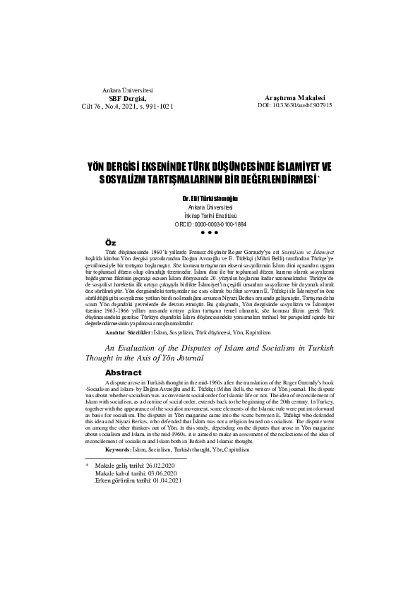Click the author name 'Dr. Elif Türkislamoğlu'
[210, 199]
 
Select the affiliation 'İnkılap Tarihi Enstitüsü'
[210, 215]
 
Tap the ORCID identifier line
[210, 224]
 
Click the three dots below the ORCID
[210, 232]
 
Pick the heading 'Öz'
[109, 242]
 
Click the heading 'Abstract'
[123, 372]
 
